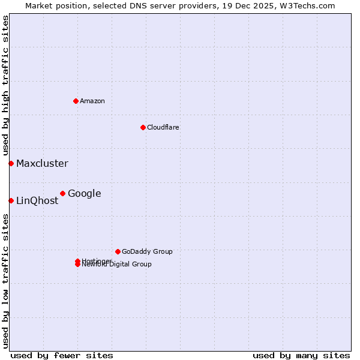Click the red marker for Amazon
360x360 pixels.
pos(76,101)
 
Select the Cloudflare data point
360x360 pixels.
pos(143,127)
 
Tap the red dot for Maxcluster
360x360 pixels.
pos(11,163)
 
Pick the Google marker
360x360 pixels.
pos(62,193)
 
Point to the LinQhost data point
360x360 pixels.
pos(11,200)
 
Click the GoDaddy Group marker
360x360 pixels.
pos(118,251)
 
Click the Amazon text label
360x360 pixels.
pos(92,101)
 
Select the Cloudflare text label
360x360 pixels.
pos(163,127)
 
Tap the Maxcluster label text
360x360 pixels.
pos(42,163)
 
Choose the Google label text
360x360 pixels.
pos(85,193)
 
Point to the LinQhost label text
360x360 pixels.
pos(37,200)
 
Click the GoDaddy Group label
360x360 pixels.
pos(147,251)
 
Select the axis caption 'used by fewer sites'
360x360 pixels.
pos(62,355)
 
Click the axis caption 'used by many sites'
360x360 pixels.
pos(301,355)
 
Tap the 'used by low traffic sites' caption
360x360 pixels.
pos(5,281)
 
